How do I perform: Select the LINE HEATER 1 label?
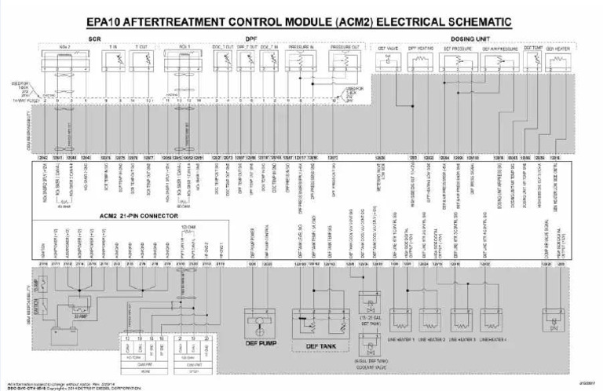(401, 338)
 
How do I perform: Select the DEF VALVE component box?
(389, 58)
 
